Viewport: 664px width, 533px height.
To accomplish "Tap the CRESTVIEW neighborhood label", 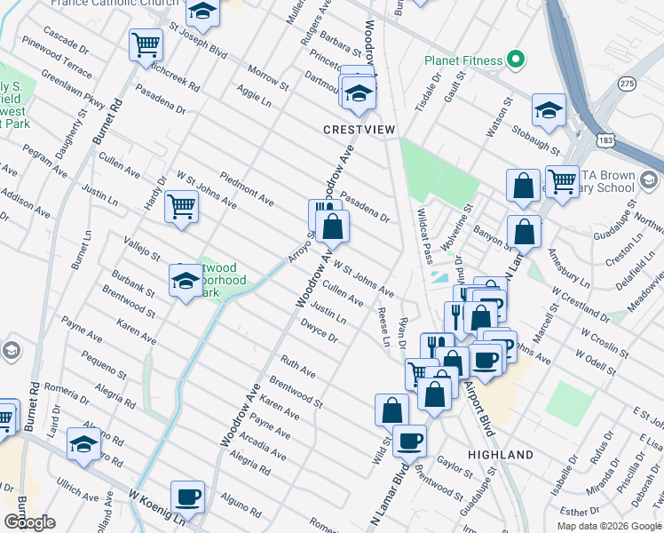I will (x=358, y=130).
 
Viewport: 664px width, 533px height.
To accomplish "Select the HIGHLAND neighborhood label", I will (x=500, y=455).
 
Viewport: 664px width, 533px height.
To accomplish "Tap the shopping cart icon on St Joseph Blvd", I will (x=146, y=44).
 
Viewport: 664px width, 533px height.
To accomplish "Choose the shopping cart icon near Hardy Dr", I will (x=181, y=207).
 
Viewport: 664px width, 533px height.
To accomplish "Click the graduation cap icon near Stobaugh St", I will (x=549, y=109).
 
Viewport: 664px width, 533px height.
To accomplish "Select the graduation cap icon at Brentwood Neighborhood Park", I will (x=186, y=282).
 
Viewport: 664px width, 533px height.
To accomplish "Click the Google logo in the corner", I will (x=31, y=521).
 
